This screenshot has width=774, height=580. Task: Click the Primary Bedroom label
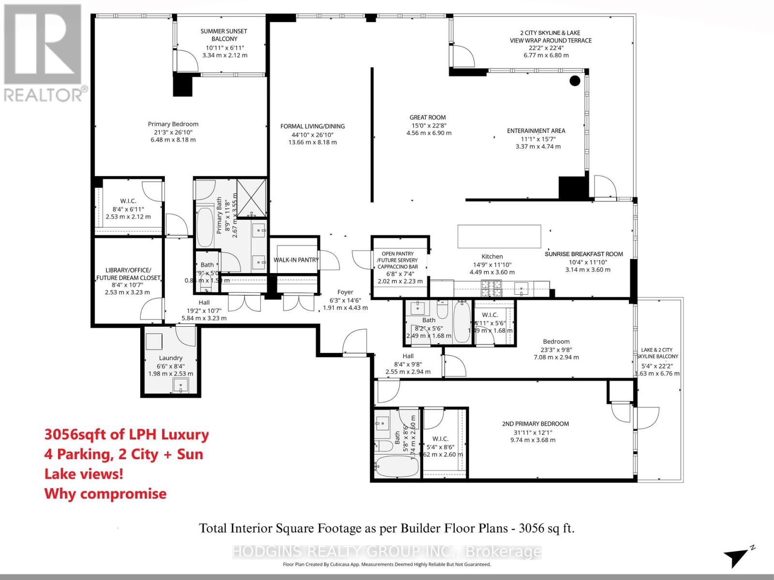click(x=173, y=124)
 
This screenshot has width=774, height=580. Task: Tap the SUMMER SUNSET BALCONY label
click(x=224, y=35)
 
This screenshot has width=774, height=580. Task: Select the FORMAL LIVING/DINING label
click(x=313, y=127)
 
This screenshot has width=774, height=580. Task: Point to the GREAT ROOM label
click(x=428, y=117)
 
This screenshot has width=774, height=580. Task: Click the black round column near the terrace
click(x=575, y=81)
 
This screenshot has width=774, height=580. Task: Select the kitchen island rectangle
click(x=499, y=236)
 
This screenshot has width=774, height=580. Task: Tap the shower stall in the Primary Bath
click(x=252, y=197)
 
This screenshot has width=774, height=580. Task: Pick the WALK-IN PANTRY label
click(x=296, y=260)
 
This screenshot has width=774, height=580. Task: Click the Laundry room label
click(x=171, y=358)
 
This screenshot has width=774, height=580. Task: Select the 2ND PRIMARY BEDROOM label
click(x=535, y=424)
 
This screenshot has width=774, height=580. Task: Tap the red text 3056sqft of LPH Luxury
click(x=127, y=435)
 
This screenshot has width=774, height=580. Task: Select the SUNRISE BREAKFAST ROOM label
click(x=583, y=254)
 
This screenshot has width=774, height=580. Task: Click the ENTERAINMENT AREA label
click(x=536, y=131)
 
